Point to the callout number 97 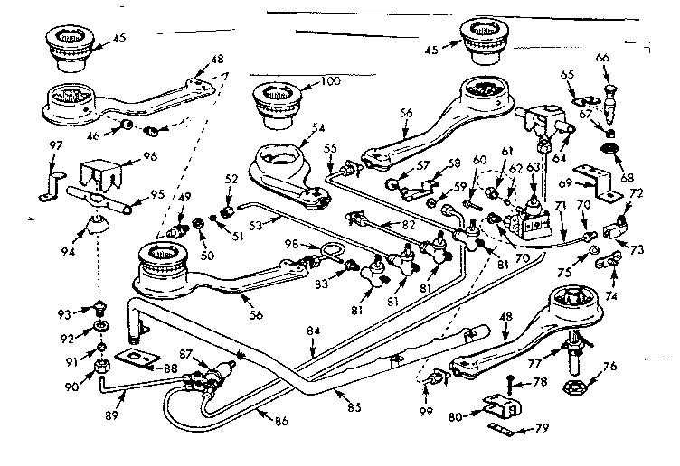point(56,146)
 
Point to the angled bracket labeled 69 point(596,178)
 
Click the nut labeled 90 point(101,368)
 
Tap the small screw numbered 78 point(512,382)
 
